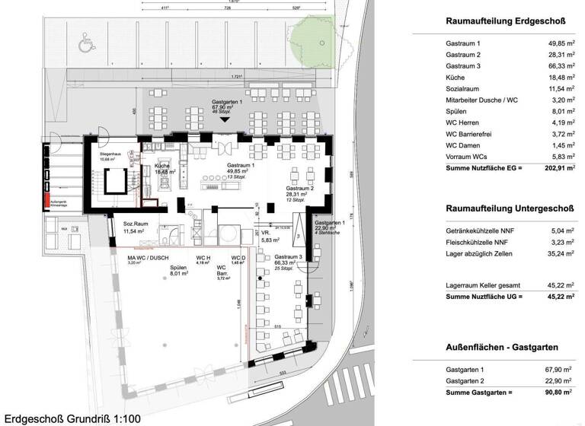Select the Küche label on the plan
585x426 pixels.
pyautogui.click(x=161, y=166)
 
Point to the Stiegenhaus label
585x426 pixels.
pyautogui.click(x=111, y=154)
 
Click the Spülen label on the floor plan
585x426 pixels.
pyautogui.click(x=178, y=269)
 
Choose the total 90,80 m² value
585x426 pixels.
pyautogui.click(x=555, y=393)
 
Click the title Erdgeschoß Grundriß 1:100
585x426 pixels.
pyautogui.click(x=72, y=418)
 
